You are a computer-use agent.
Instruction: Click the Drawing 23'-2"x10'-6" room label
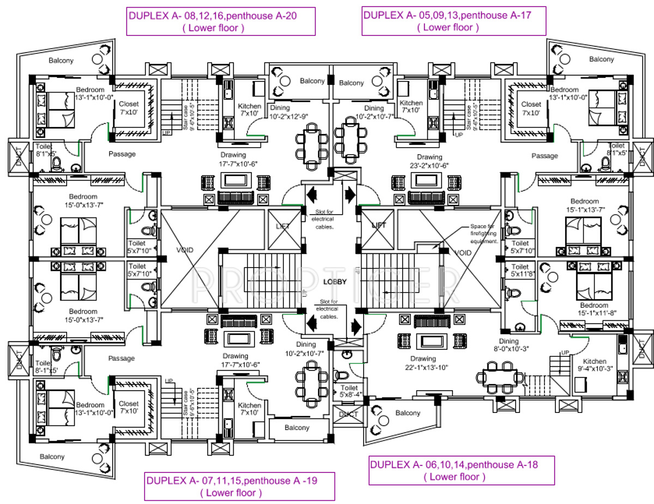pos(429,161)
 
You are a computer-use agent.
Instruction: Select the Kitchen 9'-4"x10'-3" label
pos(594,365)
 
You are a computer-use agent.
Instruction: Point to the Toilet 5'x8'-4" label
pos(349,391)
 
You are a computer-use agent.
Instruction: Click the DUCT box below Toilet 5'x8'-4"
pos(348,414)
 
